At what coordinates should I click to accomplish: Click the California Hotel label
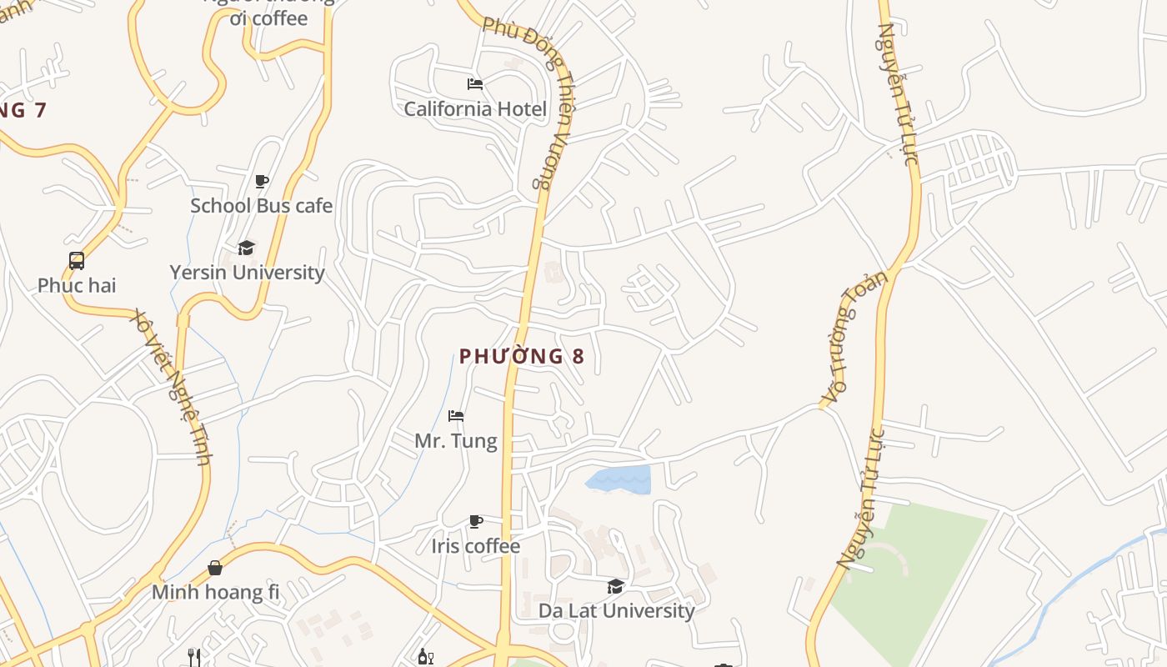pos(475,109)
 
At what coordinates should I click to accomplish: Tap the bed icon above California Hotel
pos(475,84)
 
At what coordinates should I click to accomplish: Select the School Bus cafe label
pos(261,206)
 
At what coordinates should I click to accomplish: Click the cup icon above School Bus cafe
pos(262,181)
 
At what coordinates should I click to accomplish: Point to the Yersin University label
pos(247,273)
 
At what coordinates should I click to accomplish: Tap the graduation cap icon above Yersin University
pos(246,248)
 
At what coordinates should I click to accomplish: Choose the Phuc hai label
pos(77,286)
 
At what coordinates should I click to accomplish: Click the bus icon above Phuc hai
pos(77,261)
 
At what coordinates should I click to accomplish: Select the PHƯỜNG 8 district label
pos(522,357)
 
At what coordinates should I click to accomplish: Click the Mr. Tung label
pos(456,441)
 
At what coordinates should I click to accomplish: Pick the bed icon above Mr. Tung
pos(456,416)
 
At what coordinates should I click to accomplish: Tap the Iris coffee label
pos(475,546)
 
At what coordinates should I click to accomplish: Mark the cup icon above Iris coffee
pos(476,522)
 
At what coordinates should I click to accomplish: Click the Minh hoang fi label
pos(215,593)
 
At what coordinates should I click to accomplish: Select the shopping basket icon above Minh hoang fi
pos(215,568)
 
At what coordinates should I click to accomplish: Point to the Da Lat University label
pos(616,611)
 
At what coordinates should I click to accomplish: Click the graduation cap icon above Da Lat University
pos(616,586)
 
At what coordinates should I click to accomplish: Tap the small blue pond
pos(619,479)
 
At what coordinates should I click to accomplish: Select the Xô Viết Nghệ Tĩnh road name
pos(174,386)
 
